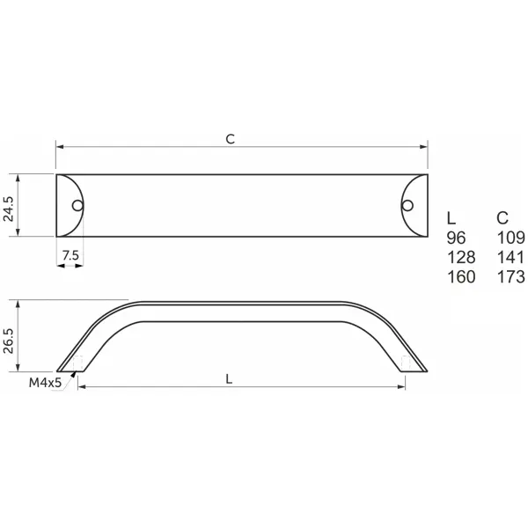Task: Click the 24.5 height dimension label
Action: click(x=9, y=209)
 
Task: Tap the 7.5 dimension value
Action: click(x=70, y=255)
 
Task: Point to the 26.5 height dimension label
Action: click(x=9, y=341)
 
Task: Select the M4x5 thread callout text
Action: click(x=45, y=383)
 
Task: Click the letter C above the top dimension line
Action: click(x=231, y=139)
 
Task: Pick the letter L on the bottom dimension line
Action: click(x=229, y=379)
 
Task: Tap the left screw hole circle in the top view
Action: click(x=77, y=205)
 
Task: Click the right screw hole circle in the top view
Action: click(x=407, y=205)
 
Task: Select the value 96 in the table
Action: click(x=456, y=238)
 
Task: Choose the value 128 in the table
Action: click(x=461, y=258)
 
